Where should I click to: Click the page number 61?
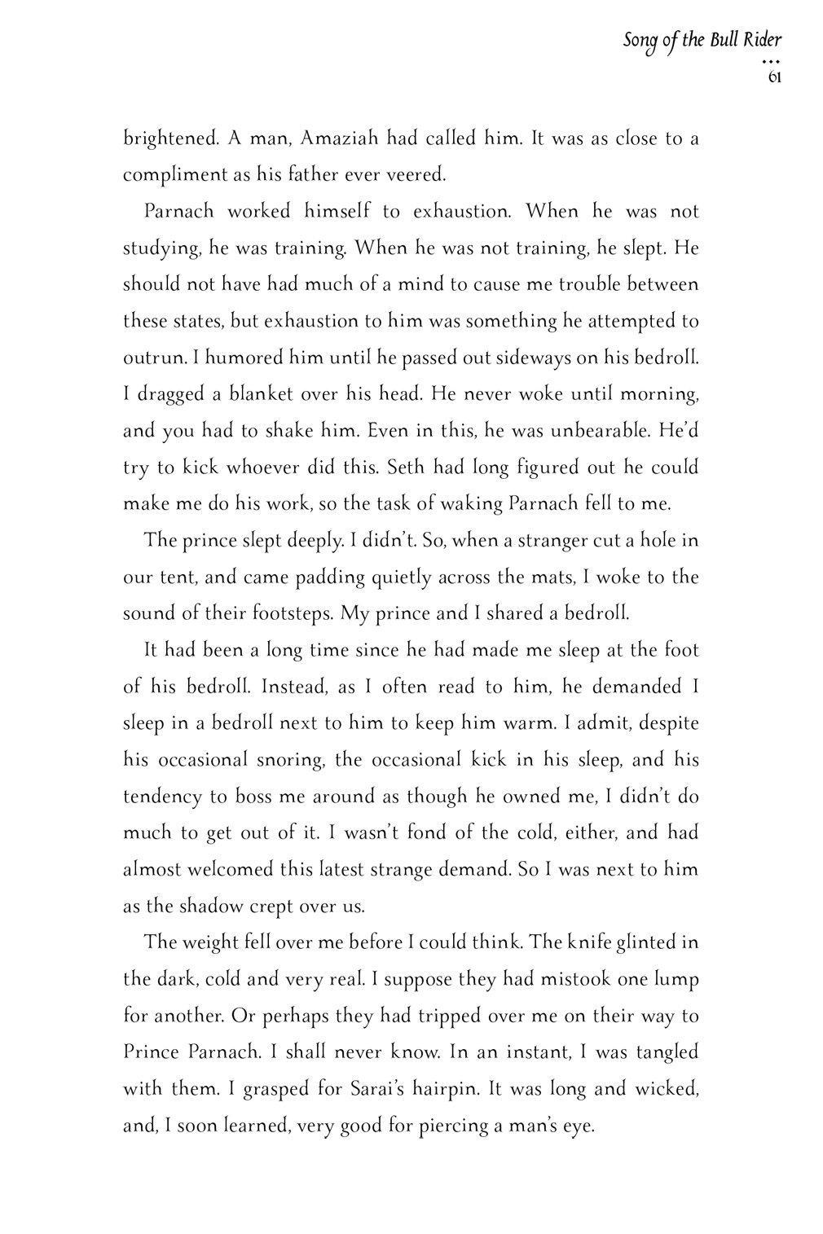[x=774, y=79]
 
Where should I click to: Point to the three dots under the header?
[x=772, y=62]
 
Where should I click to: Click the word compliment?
[x=174, y=176]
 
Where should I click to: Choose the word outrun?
[x=147, y=358]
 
